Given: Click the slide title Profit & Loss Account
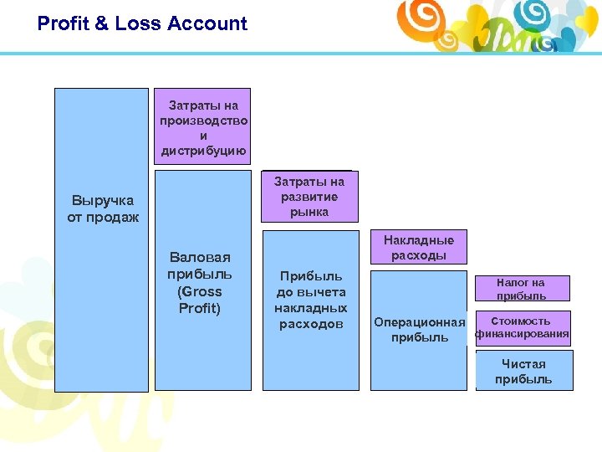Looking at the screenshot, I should click(142, 23).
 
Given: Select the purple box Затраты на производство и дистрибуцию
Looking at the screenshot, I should click(203, 128).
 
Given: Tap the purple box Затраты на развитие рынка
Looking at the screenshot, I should click(309, 197).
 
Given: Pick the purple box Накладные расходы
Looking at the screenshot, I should click(419, 248).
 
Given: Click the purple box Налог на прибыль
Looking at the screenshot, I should click(521, 289).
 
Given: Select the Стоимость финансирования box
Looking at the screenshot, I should click(523, 327).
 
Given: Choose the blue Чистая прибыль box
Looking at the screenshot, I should click(523, 371).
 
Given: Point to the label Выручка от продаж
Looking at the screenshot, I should click(102, 209).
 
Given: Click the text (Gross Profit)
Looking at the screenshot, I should click(201, 300).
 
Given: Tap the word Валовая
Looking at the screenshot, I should click(200, 257).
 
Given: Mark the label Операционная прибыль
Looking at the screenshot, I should click(420, 330).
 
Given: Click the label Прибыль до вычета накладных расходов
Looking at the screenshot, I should click(310, 300).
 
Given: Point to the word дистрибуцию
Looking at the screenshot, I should click(203, 152).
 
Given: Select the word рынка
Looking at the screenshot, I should click(309, 213).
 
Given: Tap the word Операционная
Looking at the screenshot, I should click(420, 322).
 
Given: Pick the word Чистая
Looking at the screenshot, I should click(523, 364).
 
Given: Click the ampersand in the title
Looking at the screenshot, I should click(101, 23).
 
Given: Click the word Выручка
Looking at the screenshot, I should click(102, 201).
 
